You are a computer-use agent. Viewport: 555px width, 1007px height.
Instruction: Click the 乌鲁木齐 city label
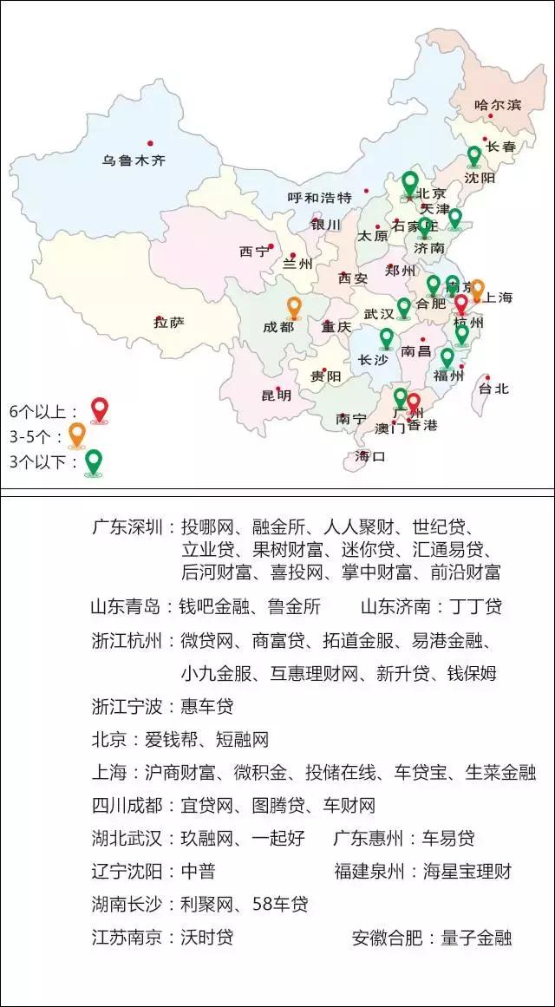click(x=134, y=160)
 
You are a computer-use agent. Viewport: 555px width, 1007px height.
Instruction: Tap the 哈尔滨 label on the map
click(x=498, y=105)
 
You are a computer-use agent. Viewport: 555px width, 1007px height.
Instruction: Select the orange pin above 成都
click(x=294, y=308)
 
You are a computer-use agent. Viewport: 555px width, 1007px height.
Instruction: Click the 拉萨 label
click(x=169, y=323)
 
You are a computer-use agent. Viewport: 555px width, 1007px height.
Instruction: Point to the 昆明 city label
click(x=277, y=396)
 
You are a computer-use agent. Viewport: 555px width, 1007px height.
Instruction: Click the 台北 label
click(x=494, y=389)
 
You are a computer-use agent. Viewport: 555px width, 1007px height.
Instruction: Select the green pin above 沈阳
click(x=473, y=157)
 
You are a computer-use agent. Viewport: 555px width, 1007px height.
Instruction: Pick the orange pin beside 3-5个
click(x=76, y=435)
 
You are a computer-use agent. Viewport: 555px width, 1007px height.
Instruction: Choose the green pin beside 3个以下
click(x=93, y=461)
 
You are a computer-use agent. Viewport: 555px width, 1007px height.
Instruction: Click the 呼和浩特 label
click(x=320, y=197)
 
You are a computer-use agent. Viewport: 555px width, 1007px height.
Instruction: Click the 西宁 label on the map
click(x=254, y=252)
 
